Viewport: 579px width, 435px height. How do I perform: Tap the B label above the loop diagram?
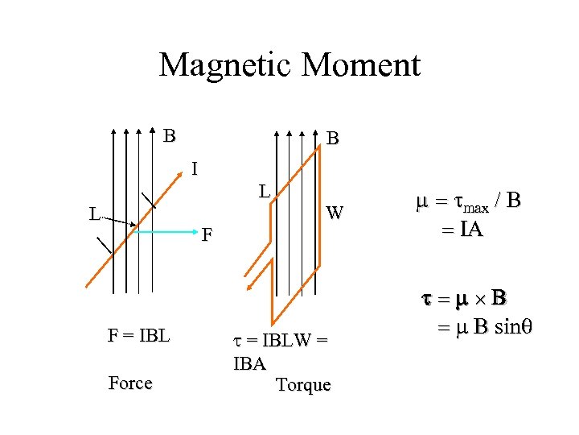(333, 139)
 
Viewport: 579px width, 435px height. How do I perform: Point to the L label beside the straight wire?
(94, 215)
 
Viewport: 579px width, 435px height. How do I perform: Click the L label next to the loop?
(263, 192)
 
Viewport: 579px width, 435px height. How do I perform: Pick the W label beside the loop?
(335, 213)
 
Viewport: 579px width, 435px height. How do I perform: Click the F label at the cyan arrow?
(207, 235)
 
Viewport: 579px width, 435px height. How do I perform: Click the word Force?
(129, 383)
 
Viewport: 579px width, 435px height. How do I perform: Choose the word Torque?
(302, 385)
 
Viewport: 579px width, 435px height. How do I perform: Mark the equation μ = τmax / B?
(468, 201)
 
